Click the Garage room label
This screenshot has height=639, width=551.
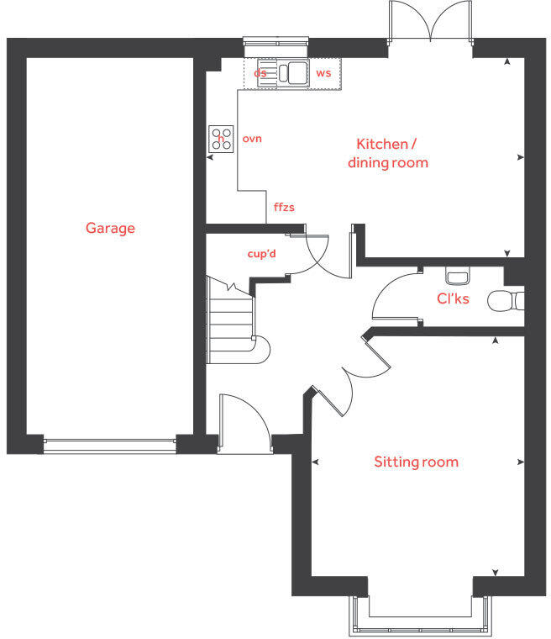[x=110, y=228]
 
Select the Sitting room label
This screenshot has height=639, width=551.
[x=416, y=462]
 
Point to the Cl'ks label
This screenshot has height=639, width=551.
[x=452, y=298]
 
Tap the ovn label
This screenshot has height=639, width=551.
[x=252, y=138]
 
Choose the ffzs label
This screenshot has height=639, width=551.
[x=284, y=206]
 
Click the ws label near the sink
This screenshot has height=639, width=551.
[x=323, y=74]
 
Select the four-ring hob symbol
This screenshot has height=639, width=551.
[x=222, y=138]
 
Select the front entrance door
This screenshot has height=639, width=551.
[x=244, y=425]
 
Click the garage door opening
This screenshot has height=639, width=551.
[x=110, y=445]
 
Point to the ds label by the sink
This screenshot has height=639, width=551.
[x=260, y=74]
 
